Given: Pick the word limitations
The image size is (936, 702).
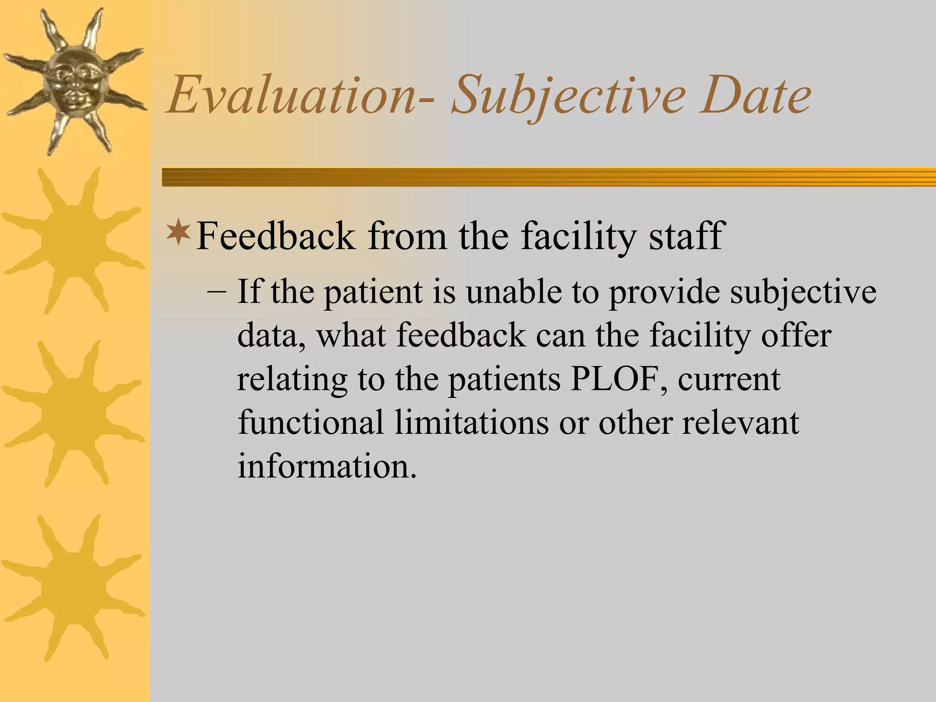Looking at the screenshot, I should [x=471, y=422].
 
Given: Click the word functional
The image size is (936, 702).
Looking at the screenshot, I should [x=311, y=422].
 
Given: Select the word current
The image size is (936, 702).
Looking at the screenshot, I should [x=729, y=379].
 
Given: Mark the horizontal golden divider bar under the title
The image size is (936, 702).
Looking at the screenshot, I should [x=548, y=177].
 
